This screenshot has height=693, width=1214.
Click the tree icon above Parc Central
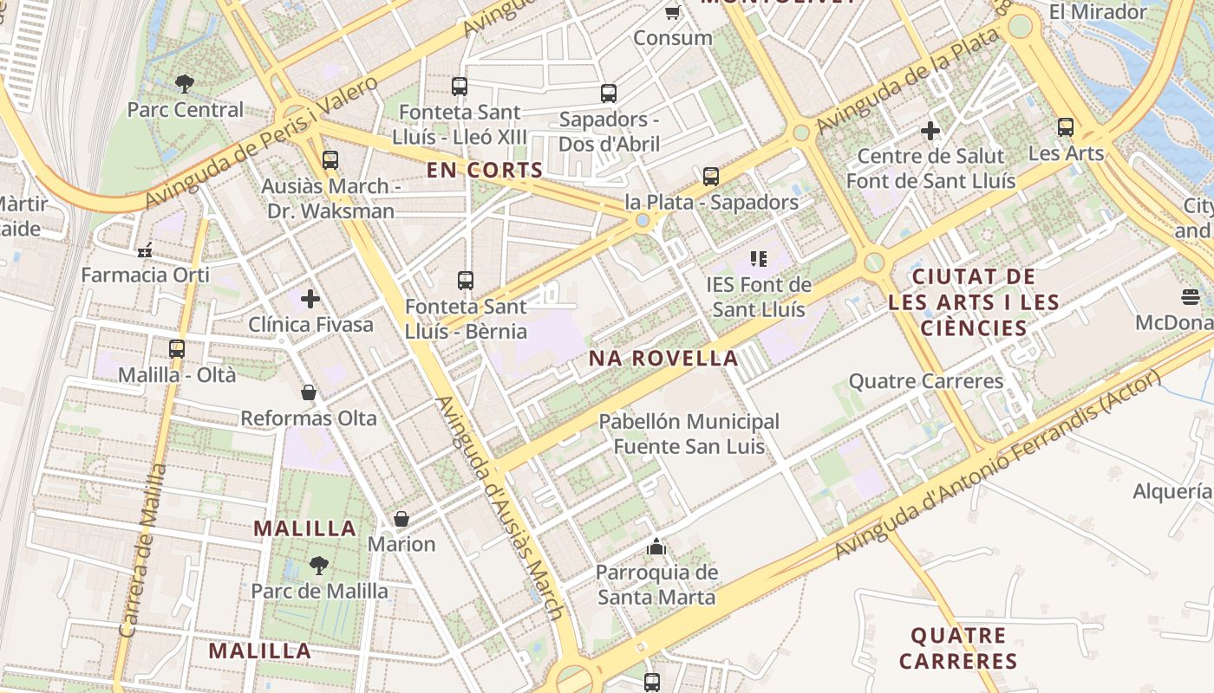184,84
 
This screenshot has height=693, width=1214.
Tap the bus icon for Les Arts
1066,128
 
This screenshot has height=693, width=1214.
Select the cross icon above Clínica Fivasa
310,300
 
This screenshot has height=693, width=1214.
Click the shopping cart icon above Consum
672,11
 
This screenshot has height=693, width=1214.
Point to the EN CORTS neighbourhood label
485,170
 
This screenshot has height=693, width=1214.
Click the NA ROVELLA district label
663,358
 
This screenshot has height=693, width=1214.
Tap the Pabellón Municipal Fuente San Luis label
689,434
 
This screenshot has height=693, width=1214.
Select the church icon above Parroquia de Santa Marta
656,547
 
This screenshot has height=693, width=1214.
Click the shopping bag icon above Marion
401,519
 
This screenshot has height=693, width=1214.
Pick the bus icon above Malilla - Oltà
177,349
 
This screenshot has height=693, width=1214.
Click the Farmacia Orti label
146,275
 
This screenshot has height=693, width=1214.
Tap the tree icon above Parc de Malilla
319,566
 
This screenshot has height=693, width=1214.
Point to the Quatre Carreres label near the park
925,381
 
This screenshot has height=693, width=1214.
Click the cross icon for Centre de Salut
930,132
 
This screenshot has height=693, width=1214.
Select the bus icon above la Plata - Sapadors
711,177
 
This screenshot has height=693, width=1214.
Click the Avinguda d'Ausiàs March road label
501,508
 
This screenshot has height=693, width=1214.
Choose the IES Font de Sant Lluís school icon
759,259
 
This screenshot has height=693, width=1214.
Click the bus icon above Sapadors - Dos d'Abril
609,94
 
